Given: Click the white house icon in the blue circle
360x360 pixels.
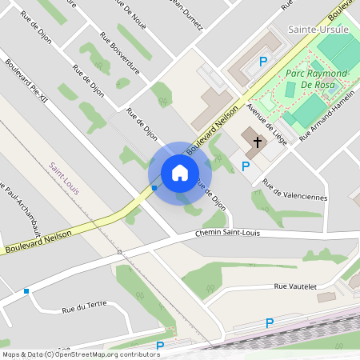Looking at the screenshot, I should point(180,172).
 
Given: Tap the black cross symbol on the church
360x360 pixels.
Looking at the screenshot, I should point(258,142).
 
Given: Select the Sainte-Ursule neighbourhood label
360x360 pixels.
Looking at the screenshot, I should point(314,30).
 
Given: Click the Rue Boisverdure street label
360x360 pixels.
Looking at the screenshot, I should point(121,54).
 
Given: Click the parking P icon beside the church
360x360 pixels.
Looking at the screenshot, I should point(246,166).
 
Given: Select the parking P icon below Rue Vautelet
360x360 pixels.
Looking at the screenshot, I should point(270,322).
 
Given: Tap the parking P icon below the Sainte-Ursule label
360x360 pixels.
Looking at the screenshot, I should point(262,61).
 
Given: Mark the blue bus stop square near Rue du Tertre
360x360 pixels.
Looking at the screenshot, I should point(26,291).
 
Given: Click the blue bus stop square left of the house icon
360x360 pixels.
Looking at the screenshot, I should point(154,188).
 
